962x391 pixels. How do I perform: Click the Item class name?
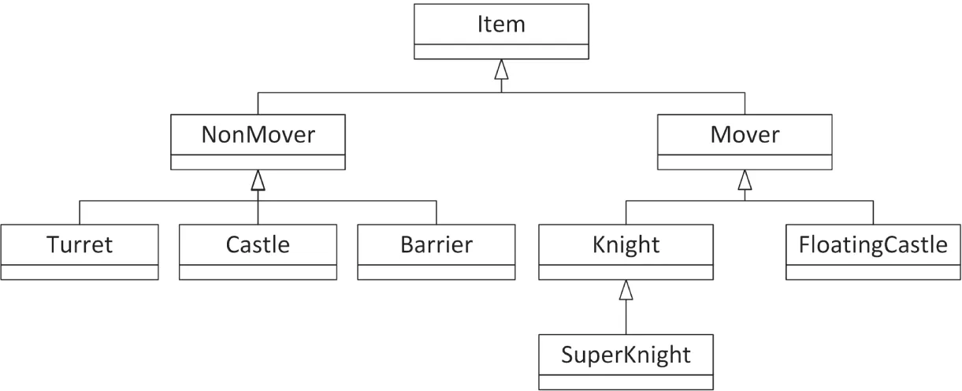[x=501, y=24]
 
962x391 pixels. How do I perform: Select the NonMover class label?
[x=258, y=135]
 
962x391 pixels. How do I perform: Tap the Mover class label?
[x=745, y=135]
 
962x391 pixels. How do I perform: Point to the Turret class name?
[x=80, y=244]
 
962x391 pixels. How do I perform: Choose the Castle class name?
[x=258, y=244]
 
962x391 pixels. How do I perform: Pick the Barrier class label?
[x=436, y=244]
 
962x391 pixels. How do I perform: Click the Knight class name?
[x=626, y=244]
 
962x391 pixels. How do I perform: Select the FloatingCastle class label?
[x=873, y=244]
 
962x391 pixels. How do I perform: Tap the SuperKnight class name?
[x=626, y=354]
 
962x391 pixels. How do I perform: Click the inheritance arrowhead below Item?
[x=501, y=69]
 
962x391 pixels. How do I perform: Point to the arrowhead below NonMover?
[x=258, y=180]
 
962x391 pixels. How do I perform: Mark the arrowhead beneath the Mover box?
[x=745, y=180]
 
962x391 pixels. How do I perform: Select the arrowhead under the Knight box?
[x=626, y=289]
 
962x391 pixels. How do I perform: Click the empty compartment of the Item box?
[x=501, y=51]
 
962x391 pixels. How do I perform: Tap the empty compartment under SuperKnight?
[x=626, y=382]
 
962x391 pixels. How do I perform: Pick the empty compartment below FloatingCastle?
[x=873, y=273]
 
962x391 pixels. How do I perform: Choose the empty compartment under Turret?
[x=80, y=273]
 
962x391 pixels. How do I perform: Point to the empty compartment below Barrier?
[x=436, y=273]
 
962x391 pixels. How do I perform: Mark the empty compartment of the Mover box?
[x=745, y=162]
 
